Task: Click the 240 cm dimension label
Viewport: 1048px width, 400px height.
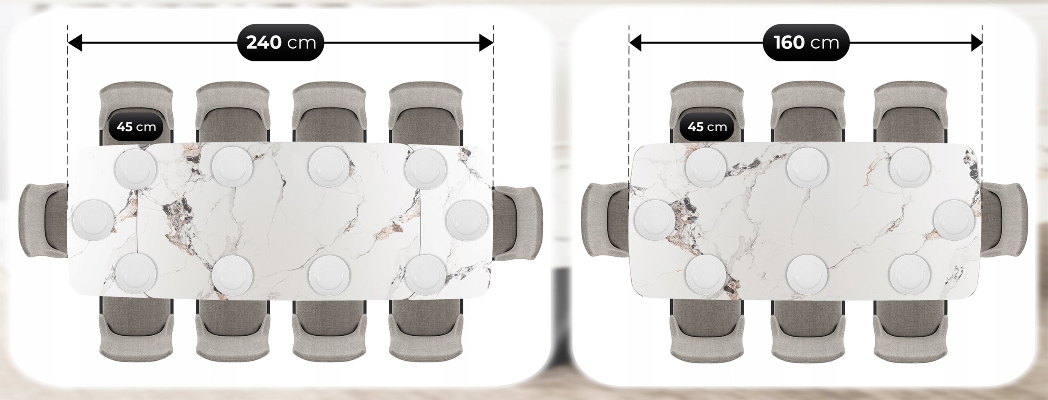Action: point(280,43)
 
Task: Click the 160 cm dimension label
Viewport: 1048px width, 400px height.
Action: point(806,43)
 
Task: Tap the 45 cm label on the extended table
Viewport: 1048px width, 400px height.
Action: point(136,127)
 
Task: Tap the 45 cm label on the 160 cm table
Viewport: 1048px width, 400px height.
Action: point(707,127)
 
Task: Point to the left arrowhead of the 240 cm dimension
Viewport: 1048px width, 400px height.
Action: point(75,43)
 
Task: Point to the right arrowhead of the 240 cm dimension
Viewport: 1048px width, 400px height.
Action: point(486,43)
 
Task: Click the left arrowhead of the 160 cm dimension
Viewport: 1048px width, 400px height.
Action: point(636,43)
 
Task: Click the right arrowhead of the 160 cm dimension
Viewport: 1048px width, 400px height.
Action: point(977,43)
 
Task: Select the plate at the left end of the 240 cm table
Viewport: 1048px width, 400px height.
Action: point(93,220)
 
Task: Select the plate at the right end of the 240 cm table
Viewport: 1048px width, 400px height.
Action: point(467,220)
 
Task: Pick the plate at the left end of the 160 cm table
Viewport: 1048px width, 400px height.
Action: point(655,220)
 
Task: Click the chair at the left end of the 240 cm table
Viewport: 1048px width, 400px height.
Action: point(43,220)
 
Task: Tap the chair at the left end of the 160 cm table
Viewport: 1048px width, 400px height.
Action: point(605,220)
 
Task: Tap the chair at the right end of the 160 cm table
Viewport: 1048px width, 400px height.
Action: point(1004,220)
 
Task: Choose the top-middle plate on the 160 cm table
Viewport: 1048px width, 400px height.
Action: point(807,168)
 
